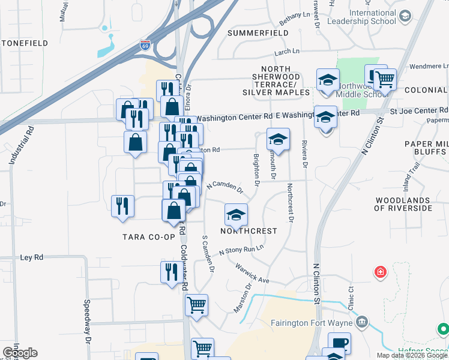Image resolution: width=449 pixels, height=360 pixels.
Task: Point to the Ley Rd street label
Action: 32,257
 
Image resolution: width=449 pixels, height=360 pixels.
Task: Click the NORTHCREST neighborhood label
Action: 249,231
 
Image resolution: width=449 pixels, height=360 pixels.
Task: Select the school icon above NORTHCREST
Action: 237,214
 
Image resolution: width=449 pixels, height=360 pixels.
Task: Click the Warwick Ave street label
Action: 252,272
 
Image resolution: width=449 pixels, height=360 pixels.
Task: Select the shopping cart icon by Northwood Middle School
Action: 385,78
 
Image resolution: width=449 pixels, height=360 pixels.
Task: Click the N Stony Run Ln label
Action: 241,251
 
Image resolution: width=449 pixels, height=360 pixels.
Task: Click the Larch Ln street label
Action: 286,53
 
